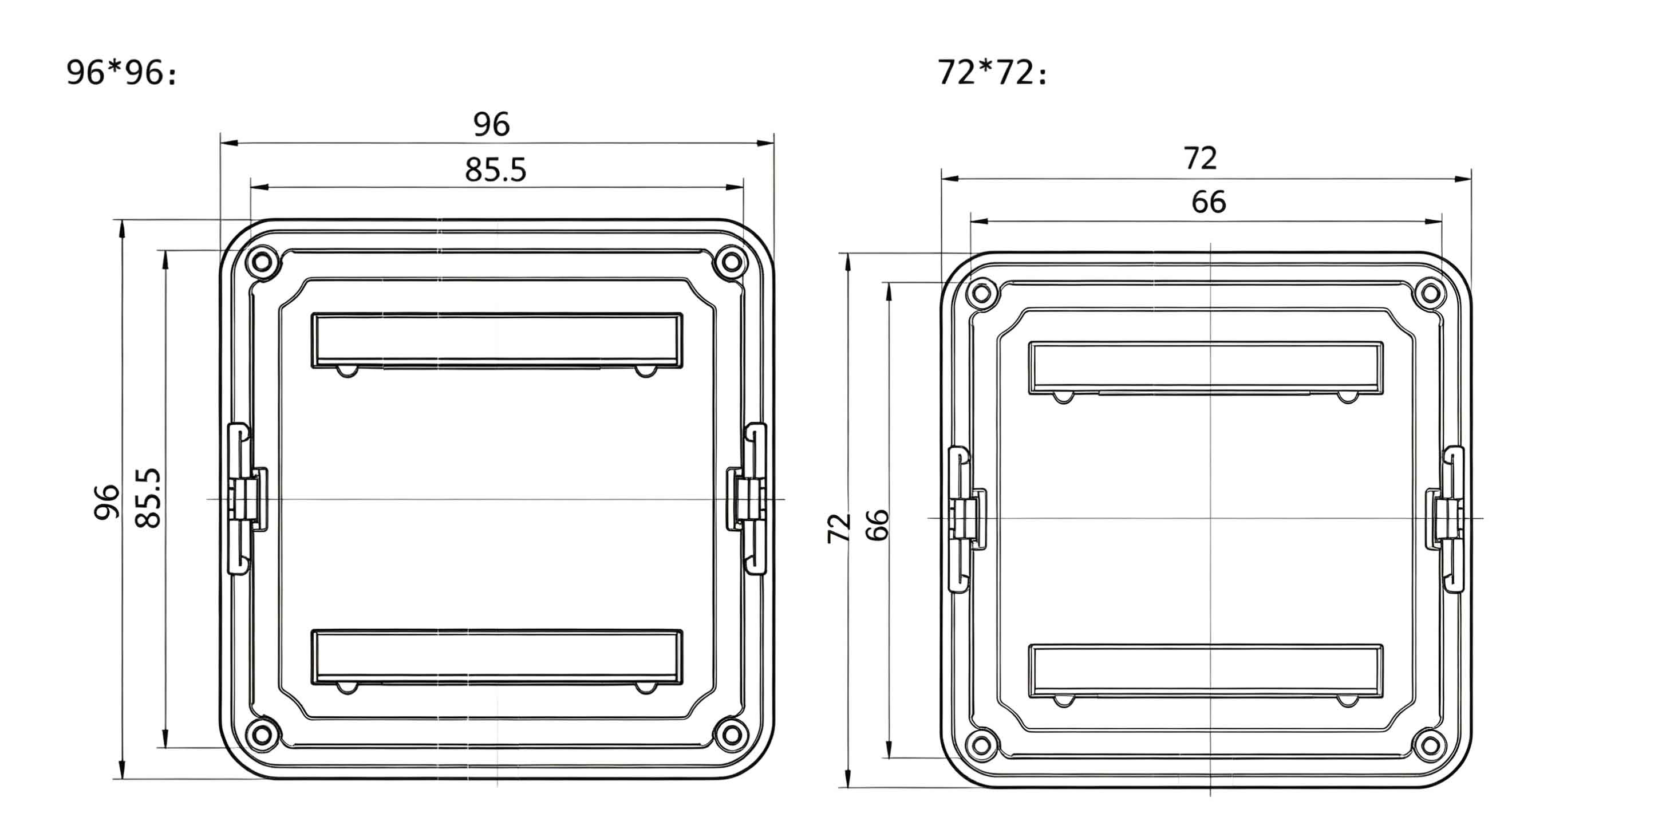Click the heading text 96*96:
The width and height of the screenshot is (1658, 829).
[121, 72]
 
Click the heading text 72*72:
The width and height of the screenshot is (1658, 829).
[992, 72]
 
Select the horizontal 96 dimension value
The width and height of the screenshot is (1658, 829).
[492, 124]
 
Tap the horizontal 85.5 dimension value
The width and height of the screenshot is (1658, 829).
[496, 170]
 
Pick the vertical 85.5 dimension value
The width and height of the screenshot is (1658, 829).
[148, 498]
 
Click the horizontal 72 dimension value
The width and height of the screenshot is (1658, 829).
[1201, 159]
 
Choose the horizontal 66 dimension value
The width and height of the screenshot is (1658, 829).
[1209, 202]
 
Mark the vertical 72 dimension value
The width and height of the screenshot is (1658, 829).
[839, 528]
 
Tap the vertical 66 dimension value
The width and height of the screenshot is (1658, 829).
[877, 525]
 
